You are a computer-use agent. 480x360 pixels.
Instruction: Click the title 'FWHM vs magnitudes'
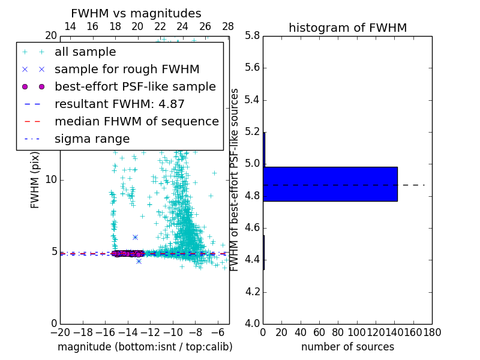(x=136, y=14)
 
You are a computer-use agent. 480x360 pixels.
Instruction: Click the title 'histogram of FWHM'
(x=347, y=28)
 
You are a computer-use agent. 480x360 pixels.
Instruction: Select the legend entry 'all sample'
(x=85, y=52)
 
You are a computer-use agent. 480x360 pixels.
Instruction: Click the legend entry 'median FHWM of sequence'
(x=136, y=121)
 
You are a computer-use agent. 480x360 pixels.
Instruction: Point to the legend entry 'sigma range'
(x=92, y=139)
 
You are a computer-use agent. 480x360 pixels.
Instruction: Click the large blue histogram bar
(x=330, y=184)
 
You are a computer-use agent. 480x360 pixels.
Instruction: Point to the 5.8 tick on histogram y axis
(x=253, y=36)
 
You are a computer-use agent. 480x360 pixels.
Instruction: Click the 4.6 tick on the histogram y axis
(x=253, y=228)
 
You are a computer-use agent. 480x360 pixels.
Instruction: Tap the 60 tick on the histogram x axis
(x=319, y=332)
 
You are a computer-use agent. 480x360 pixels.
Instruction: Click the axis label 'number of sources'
(x=347, y=347)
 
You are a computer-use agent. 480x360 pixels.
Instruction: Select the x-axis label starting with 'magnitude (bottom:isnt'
(x=145, y=347)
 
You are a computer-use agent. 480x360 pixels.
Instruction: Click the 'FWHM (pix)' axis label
(x=35, y=180)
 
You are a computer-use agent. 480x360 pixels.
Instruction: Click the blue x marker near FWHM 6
(x=135, y=238)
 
